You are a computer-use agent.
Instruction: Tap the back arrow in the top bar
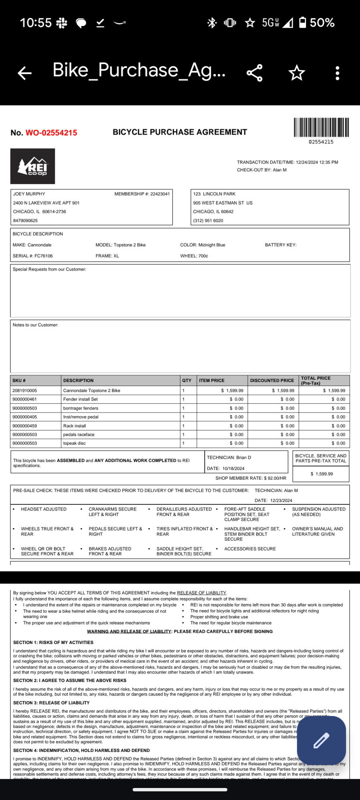25,73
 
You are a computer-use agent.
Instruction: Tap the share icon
254,73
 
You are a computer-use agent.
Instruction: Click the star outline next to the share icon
296,73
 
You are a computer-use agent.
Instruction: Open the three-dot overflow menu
338,73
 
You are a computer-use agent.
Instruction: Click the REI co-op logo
33,166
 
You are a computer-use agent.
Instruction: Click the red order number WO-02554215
51,133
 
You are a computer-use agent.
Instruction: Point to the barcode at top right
321,128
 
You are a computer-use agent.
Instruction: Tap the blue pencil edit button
321,740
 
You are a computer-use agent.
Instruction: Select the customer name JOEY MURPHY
29,194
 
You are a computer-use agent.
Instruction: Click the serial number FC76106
43,256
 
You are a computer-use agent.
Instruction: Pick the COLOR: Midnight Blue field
202,245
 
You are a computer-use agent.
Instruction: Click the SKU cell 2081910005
25,391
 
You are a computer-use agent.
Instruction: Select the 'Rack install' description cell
74,426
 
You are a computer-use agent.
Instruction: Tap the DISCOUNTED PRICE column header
272,380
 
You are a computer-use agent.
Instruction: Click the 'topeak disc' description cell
74,443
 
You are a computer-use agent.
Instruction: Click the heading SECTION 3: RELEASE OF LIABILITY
51,703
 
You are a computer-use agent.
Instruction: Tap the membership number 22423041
160,194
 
